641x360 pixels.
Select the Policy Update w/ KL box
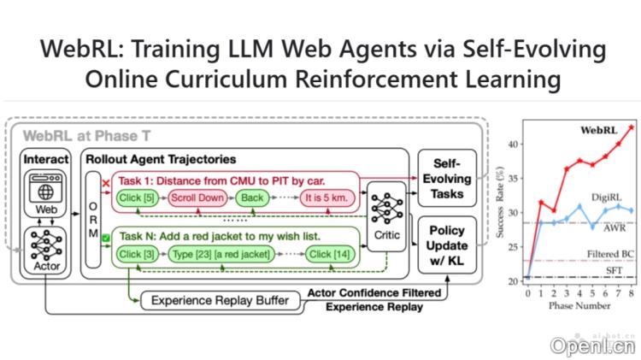pos(448,245)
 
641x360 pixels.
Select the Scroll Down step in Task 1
pos(197,198)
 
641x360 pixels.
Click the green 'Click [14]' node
pos(330,254)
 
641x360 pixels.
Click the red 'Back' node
pos(251,198)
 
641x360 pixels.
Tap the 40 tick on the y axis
pos(512,145)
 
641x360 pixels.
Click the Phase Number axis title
pos(579,305)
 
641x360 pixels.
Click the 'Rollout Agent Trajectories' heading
pos(160,159)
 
